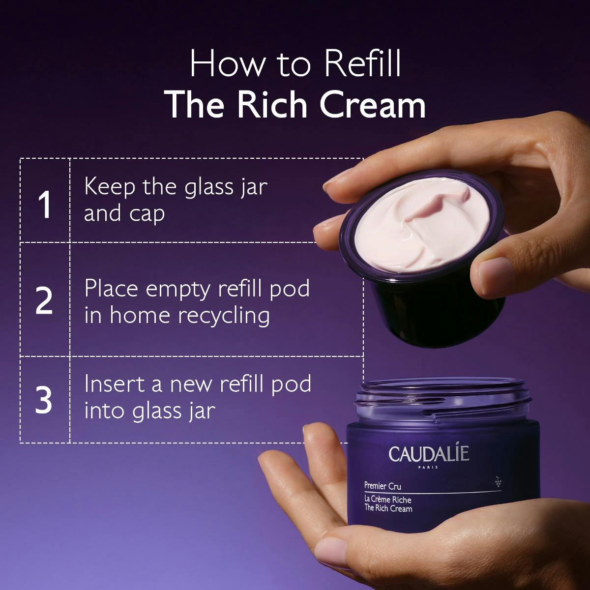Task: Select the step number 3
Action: tap(44, 400)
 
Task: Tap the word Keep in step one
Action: tap(110, 187)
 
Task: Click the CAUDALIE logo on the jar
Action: tap(429, 454)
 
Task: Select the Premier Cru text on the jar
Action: tap(383, 486)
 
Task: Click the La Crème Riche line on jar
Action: tap(387, 500)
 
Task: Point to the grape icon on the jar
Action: tap(498, 482)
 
